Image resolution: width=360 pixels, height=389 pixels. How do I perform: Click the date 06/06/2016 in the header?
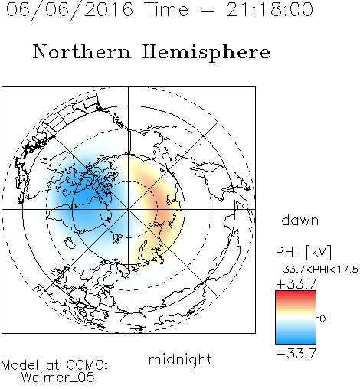tap(70, 9)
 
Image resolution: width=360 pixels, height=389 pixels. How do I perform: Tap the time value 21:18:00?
tap(270, 9)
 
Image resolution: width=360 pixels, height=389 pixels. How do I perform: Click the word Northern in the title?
tap(82, 51)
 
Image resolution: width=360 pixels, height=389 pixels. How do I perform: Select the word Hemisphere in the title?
tap(206, 52)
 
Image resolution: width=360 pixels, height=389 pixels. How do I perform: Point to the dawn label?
tap(300, 220)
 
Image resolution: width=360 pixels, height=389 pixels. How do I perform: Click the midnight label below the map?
tap(180, 359)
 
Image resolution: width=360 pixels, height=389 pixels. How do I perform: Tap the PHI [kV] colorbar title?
tap(303, 252)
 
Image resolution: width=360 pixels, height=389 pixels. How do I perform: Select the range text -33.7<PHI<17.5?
tap(317, 270)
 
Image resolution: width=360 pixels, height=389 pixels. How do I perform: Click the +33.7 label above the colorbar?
tap(296, 284)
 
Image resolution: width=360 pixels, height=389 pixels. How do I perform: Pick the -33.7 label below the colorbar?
tap(296, 354)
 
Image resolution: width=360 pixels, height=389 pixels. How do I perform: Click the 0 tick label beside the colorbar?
tap(322, 319)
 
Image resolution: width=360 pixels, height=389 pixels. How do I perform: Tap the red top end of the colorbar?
tap(296, 293)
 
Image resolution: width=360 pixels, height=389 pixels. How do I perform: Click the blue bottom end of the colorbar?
tap(296, 342)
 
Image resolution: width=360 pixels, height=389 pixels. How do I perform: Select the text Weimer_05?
tap(58, 377)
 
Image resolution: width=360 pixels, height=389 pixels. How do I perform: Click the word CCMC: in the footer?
tap(87, 365)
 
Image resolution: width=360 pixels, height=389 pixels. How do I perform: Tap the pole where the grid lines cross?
tap(129, 209)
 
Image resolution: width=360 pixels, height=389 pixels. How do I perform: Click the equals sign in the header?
tap(208, 10)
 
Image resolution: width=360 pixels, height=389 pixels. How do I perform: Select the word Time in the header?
tap(166, 9)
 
